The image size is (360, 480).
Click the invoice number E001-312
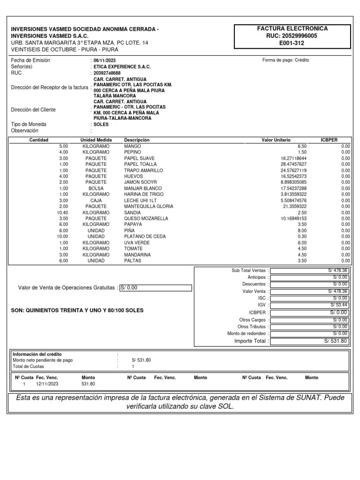click(292, 43)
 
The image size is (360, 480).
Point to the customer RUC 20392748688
click(107, 73)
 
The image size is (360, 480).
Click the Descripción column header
click(136, 140)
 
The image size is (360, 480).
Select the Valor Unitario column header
click(276, 140)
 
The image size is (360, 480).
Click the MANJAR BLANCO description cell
click(139, 188)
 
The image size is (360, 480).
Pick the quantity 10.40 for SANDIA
click(62, 212)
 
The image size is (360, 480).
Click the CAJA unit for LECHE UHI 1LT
click(96, 201)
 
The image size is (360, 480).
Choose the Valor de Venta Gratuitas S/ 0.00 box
click(155, 288)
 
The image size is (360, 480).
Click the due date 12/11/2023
click(47, 383)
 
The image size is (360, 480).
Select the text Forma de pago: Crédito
click(285, 60)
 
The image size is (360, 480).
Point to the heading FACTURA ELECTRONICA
click(292, 29)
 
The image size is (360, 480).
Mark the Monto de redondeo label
click(247, 333)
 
